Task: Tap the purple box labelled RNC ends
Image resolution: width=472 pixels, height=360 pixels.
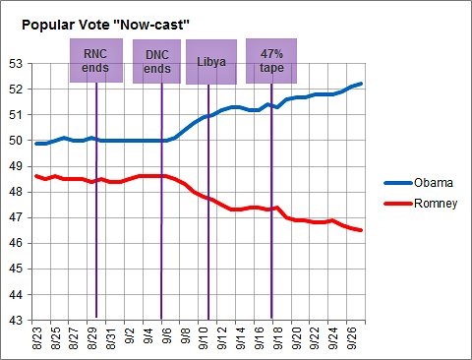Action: point(96,61)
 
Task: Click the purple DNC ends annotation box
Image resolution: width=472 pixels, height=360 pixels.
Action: point(157,61)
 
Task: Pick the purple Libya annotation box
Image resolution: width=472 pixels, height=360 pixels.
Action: point(210,61)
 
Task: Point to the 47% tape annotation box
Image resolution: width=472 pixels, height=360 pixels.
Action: point(270,61)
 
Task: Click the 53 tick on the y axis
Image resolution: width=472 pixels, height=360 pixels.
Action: point(15,63)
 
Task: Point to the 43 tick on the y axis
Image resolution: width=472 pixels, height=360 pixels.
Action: point(15,321)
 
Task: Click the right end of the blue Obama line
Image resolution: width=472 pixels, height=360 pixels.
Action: point(361,84)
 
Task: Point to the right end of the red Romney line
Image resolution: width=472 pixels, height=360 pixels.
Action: point(361,230)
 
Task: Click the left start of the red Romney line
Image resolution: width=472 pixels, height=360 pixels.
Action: point(35,176)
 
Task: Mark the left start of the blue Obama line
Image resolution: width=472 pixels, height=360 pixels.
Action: point(35,144)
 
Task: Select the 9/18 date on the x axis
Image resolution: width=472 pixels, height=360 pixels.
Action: point(278,339)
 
